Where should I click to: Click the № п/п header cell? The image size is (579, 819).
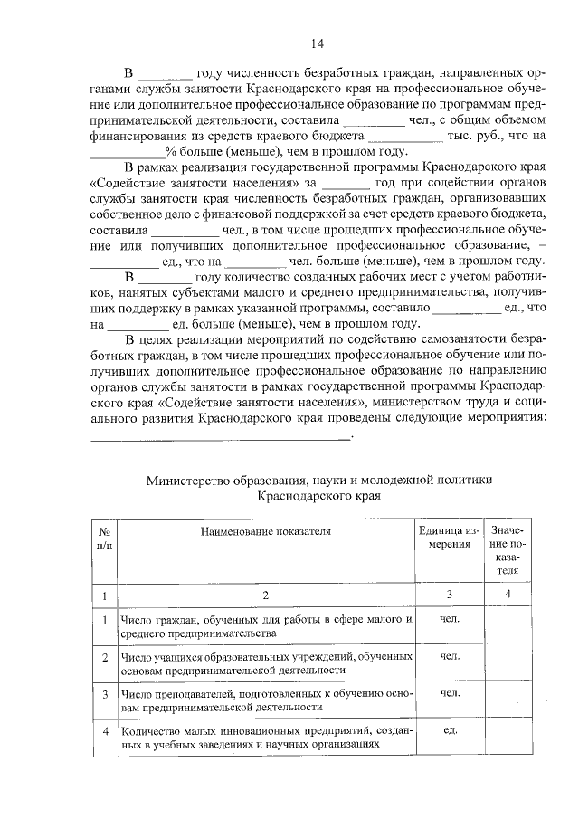pyautogui.click(x=105, y=538)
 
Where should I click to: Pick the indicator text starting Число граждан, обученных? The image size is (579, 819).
pyautogui.click(x=265, y=627)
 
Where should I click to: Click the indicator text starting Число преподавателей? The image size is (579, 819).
pyautogui.click(x=265, y=699)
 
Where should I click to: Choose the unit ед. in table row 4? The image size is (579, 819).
pyautogui.click(x=448, y=729)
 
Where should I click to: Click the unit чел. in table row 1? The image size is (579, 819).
pyautogui.click(x=448, y=620)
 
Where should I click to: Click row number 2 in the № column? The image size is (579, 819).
pyautogui.click(x=105, y=656)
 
